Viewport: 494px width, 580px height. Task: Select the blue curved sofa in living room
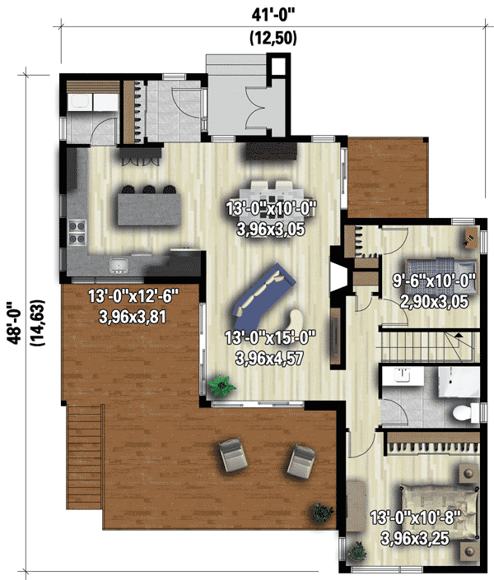click(x=265, y=293)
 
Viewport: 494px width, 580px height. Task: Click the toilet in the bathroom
click(x=464, y=411)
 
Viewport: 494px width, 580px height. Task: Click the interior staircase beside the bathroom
click(x=428, y=346)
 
